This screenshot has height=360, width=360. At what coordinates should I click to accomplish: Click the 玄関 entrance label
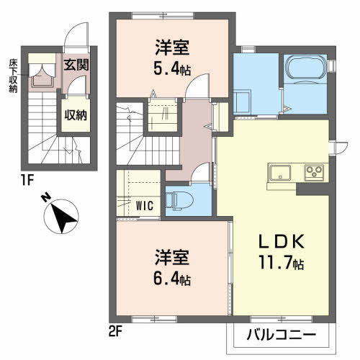(76, 65)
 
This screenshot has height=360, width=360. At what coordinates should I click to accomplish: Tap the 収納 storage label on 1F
(76, 116)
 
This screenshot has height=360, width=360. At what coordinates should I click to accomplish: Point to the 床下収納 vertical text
(13, 76)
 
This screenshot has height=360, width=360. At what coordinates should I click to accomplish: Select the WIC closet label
(145, 206)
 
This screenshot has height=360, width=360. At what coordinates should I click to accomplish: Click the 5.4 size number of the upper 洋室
(166, 69)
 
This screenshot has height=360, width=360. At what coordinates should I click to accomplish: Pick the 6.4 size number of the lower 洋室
(166, 279)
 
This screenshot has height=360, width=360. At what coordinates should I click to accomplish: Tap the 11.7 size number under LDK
(275, 262)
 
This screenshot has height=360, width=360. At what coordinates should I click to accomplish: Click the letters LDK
(282, 241)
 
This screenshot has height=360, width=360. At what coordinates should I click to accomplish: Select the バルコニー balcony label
(282, 335)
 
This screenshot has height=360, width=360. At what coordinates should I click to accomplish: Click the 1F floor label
(27, 180)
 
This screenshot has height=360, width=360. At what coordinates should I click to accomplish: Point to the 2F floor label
(115, 332)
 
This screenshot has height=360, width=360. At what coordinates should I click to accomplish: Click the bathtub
(305, 68)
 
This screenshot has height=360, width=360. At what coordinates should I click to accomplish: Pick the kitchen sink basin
(280, 172)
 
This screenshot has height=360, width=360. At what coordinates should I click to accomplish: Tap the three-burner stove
(314, 172)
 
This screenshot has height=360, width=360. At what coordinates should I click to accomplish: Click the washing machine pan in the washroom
(243, 102)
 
